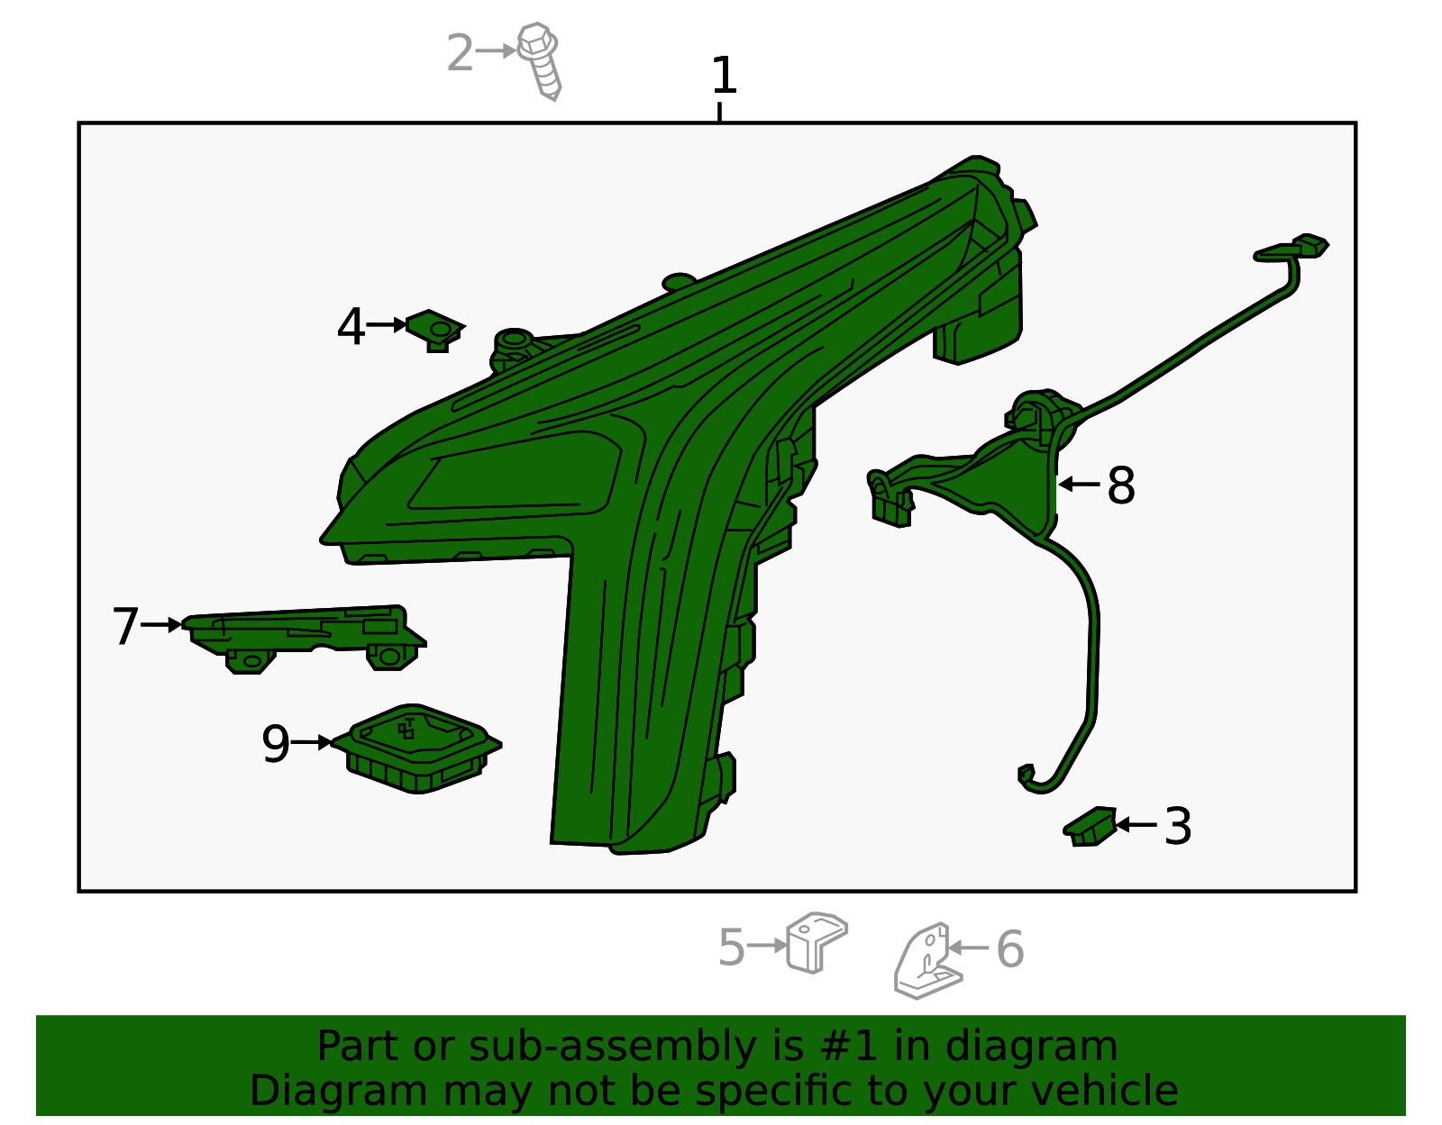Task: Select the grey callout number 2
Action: coord(460,52)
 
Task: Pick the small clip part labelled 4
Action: coord(435,331)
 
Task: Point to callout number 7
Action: coord(125,625)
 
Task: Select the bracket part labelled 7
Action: coord(305,640)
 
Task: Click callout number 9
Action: coord(276,743)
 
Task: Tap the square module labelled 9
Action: coord(416,748)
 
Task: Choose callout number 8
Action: coord(1121,485)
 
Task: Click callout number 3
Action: coord(1178,825)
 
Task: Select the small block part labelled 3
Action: coord(1090,826)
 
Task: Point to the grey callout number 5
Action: coord(731,948)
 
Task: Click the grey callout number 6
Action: coord(1010,948)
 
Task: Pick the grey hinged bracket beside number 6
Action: coord(927,960)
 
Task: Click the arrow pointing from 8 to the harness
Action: coord(1079,485)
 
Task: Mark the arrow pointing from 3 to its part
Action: coord(1136,825)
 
